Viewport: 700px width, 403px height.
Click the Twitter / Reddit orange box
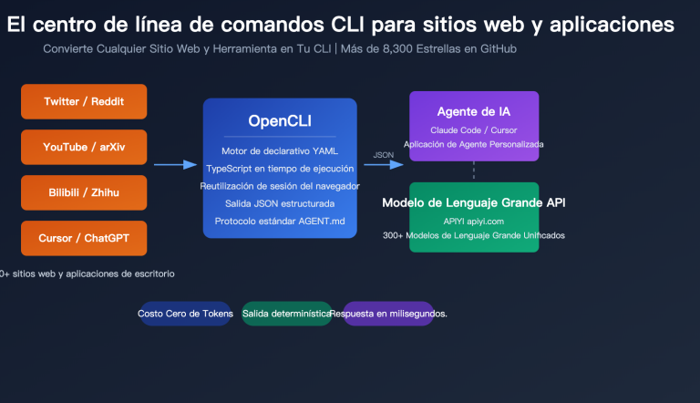coord(84,101)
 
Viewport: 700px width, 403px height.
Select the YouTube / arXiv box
coord(84,147)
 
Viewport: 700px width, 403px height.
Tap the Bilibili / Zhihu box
coord(84,192)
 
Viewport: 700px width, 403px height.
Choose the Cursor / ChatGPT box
coord(84,238)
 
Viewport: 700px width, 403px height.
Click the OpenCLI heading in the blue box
coord(280,121)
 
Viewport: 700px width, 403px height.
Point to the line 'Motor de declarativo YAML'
coord(280,150)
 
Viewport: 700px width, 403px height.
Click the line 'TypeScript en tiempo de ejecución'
coord(280,168)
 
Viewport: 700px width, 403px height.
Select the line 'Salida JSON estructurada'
coord(280,203)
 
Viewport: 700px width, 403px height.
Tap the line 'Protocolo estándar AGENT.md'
coord(280,221)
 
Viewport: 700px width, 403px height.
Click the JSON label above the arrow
coord(384,155)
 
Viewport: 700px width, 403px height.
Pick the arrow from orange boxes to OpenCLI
coord(175,165)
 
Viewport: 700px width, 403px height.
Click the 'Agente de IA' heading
coord(473,111)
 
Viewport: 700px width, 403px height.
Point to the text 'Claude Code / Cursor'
coord(473,130)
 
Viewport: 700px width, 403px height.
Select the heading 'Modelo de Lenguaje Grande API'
coord(479,202)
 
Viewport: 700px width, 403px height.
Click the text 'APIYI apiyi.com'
coord(474,221)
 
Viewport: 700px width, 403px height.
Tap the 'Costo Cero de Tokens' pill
coord(185,313)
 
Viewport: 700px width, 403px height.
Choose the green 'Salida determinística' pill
coord(286,313)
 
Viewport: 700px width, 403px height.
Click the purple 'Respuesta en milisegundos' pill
coord(389,313)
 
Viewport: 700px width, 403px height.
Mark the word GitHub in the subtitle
coord(497,47)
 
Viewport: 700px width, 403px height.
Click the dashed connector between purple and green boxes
coord(474,171)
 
